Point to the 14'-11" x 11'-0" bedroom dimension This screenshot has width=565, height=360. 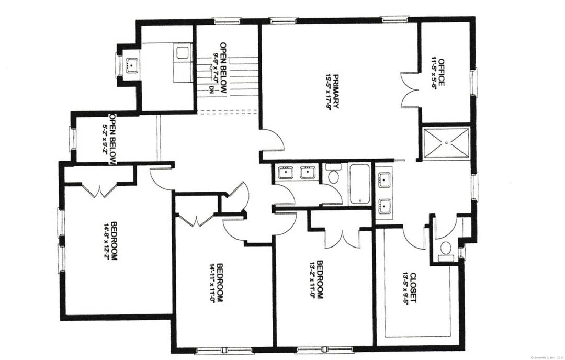coord(212,282)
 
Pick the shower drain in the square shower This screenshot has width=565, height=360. coord(446,141)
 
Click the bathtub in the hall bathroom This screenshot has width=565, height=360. coord(359,184)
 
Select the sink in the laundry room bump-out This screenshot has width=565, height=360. coord(130,65)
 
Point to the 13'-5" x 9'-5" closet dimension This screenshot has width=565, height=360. coord(405,288)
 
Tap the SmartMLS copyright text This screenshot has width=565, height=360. coord(546,356)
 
